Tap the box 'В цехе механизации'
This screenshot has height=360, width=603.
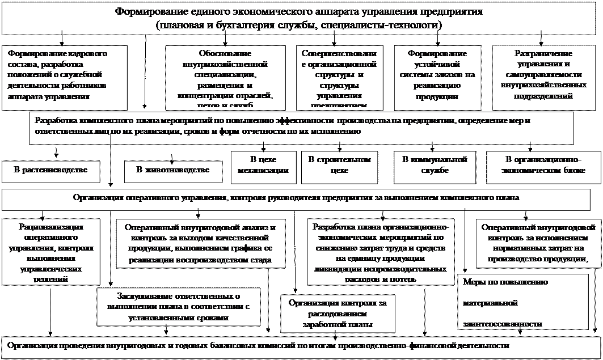(x=264, y=165)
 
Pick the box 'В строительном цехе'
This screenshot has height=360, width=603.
(x=339, y=165)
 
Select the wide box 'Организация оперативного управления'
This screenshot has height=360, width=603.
(x=295, y=198)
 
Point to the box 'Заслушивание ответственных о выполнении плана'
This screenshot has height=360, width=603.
(x=179, y=307)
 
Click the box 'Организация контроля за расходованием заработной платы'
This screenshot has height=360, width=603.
(x=337, y=314)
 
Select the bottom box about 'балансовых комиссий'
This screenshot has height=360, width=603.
(x=301, y=345)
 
